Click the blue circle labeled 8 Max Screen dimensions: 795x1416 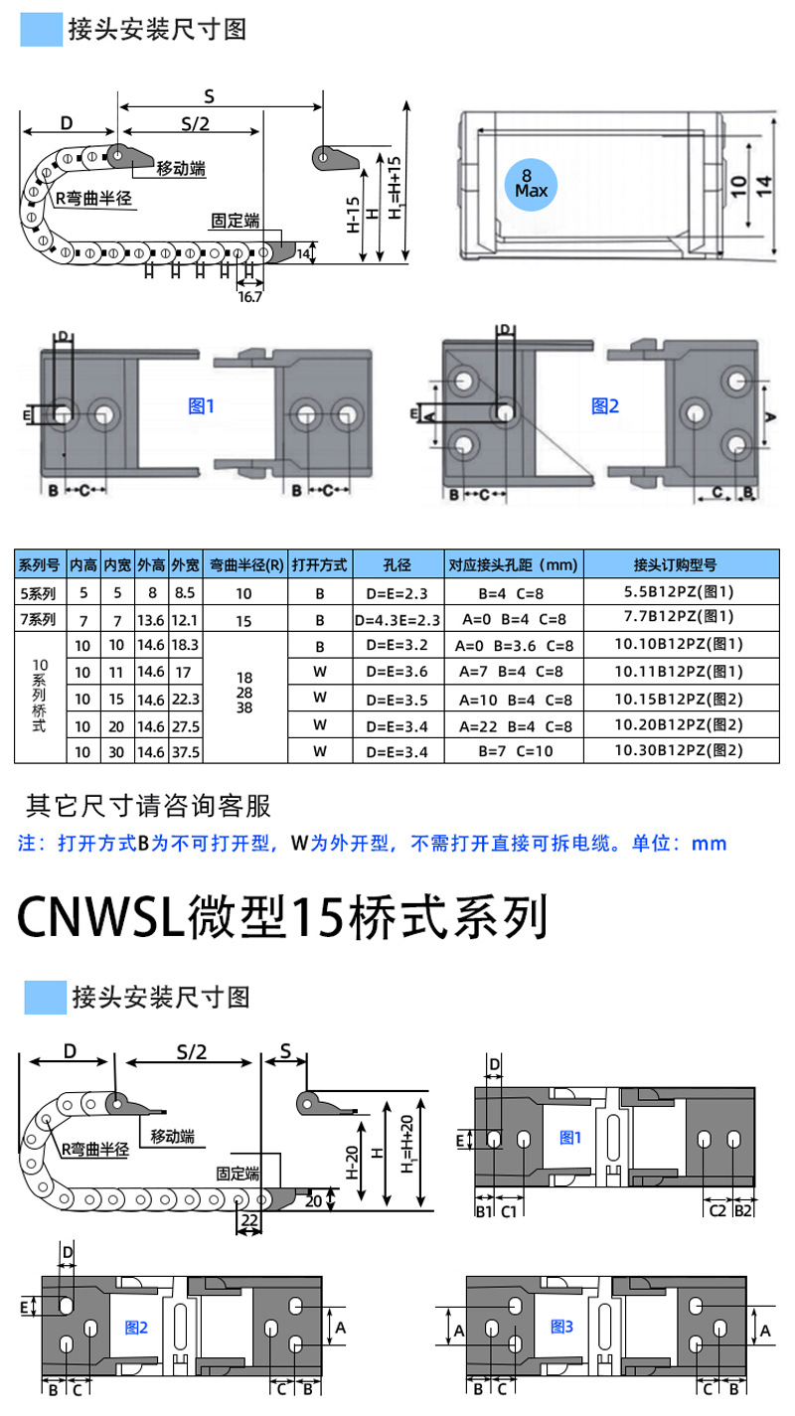coord(531,184)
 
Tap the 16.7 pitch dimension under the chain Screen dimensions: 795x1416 coord(249,296)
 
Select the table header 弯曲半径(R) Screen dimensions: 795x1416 coord(245,564)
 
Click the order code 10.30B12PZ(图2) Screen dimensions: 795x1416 coord(679,750)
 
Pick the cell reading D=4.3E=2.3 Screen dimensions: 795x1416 coord(397,620)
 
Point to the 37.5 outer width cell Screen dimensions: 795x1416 coord(186,752)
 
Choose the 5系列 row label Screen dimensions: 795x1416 coord(38,593)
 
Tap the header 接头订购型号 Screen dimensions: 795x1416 coord(676,564)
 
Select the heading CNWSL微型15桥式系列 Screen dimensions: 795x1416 coord(282,917)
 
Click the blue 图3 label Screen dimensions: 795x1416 coord(561,1327)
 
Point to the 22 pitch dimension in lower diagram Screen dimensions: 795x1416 coord(249,1220)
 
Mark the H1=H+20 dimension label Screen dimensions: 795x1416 coord(407,1144)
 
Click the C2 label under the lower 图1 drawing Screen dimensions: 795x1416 coord(717,1210)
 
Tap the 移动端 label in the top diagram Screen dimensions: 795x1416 coord(182,169)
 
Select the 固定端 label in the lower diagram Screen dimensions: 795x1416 coord(238,1174)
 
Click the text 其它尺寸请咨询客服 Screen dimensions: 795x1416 coord(148,805)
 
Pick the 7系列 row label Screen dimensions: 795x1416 coord(38,619)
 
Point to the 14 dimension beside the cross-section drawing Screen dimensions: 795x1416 coord(764,186)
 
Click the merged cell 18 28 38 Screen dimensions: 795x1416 coord(244,693)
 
